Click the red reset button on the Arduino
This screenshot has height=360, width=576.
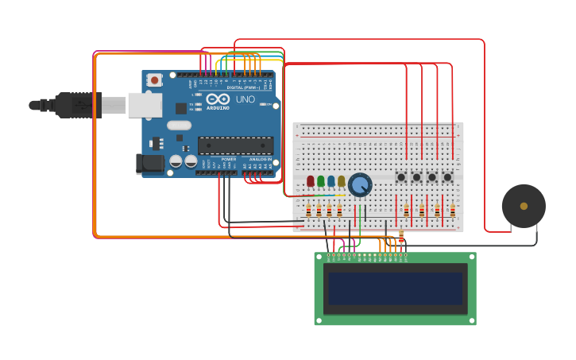click(154, 79)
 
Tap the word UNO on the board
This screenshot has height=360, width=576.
click(245, 99)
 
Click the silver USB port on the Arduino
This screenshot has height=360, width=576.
click(145, 105)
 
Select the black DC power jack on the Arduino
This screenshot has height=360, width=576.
click(149, 164)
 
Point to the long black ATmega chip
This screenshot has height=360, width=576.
click(236, 145)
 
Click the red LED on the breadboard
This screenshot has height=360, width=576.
click(310, 181)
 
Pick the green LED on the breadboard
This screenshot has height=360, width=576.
click(320, 181)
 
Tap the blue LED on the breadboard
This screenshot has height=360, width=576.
click(331, 181)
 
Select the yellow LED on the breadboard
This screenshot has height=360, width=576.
click(341, 181)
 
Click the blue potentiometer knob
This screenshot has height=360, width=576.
click(360, 185)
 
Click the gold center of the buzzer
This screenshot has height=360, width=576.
click(524, 206)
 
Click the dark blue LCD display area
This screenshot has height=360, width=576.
click(395, 288)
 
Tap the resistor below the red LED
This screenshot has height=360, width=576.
click(309, 211)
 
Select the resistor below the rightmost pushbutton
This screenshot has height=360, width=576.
click(452, 211)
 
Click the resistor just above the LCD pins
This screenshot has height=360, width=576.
click(401, 237)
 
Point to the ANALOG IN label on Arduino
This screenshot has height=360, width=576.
click(260, 159)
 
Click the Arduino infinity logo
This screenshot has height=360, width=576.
click(217, 99)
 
